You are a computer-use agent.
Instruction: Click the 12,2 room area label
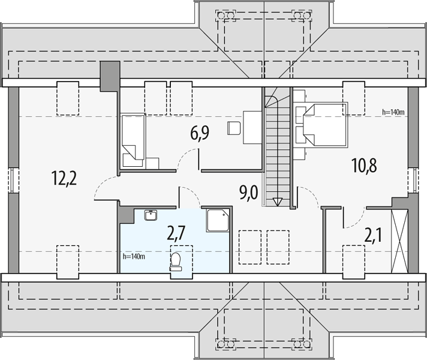click(x=64, y=179)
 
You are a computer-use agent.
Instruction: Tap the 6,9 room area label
click(x=200, y=134)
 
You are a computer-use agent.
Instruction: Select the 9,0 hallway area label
click(x=248, y=193)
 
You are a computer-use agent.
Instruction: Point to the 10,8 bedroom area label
click(x=364, y=166)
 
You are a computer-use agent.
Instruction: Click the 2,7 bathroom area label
click(x=176, y=234)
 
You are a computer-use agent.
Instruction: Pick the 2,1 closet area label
click(x=373, y=235)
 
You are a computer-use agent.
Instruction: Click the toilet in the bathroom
click(x=176, y=262)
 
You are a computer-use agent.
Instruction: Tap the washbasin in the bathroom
click(x=151, y=215)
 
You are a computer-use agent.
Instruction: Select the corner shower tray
click(x=218, y=220)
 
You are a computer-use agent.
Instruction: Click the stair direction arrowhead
click(x=278, y=202)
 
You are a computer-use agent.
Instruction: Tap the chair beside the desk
click(x=234, y=128)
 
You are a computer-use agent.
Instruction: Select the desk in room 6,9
click(x=252, y=127)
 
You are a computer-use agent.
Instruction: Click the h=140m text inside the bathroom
click(x=134, y=256)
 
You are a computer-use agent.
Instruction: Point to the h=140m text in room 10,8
click(x=393, y=112)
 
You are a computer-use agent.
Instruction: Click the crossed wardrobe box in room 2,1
click(x=399, y=241)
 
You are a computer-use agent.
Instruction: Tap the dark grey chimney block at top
click(x=110, y=76)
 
